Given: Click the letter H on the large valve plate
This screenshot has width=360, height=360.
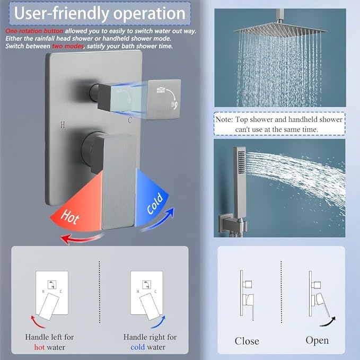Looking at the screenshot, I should (63, 126).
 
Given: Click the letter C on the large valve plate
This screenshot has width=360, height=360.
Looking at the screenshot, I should (129, 120).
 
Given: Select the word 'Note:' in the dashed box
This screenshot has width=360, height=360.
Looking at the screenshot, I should (224, 120).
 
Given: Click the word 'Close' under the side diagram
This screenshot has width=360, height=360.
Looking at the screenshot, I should (247, 340).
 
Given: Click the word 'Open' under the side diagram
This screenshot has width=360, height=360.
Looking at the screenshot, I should (317, 340).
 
